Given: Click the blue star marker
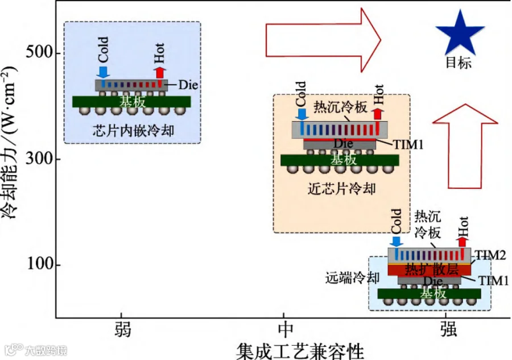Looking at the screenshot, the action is pyautogui.click(x=460, y=34).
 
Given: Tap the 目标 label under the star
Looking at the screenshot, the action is pyautogui.click(x=459, y=63).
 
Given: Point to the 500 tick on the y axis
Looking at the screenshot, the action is pyautogui.click(x=39, y=52).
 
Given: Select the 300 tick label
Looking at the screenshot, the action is pyautogui.click(x=39, y=159).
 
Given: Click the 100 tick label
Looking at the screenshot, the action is pyautogui.click(x=40, y=264).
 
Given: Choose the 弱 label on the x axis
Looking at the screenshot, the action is pyautogui.click(x=123, y=329).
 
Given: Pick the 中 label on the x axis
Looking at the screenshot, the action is pyautogui.click(x=285, y=329).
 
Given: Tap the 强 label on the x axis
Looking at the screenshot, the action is pyautogui.click(x=448, y=329).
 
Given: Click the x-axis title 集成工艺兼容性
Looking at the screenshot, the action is pyautogui.click(x=300, y=351).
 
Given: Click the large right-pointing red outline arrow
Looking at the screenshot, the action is pyautogui.click(x=323, y=40).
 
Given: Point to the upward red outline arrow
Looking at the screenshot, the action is pyautogui.click(x=465, y=146).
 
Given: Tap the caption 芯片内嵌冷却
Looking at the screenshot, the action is pyautogui.click(x=133, y=131).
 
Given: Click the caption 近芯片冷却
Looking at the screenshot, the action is pyautogui.click(x=341, y=188).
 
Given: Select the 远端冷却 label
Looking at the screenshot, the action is pyautogui.click(x=352, y=278).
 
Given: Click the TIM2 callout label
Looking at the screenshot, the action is pyautogui.click(x=490, y=255).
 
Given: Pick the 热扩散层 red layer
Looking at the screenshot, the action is pyautogui.click(x=430, y=270).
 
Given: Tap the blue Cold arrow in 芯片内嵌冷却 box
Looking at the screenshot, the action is pyautogui.click(x=103, y=72).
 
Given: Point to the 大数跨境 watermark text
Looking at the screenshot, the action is pyautogui.click(x=46, y=350).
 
